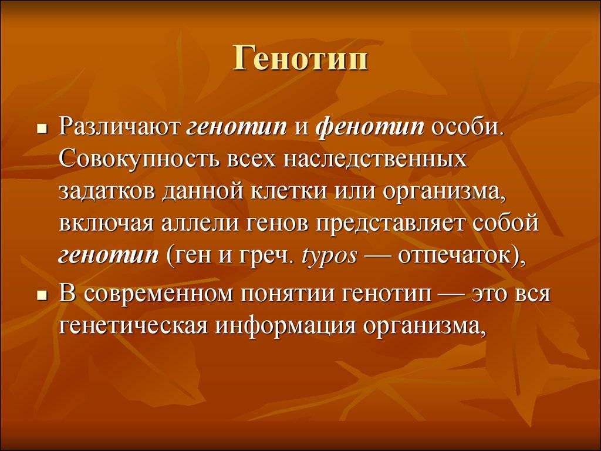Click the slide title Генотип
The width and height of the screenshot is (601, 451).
(300, 59)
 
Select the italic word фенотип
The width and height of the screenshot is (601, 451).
(370, 127)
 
